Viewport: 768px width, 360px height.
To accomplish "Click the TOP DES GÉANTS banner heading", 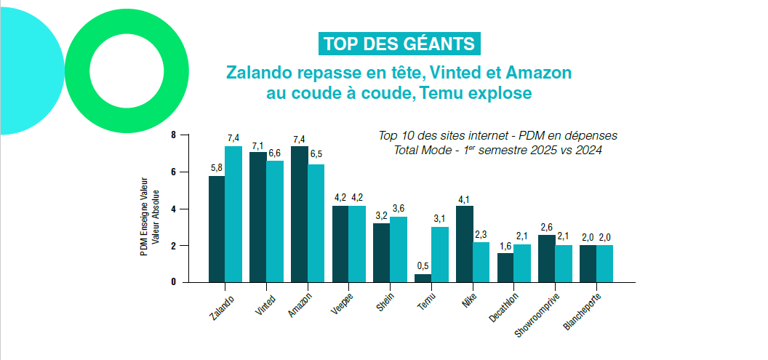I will (x=399, y=44).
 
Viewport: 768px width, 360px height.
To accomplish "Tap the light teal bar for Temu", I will (x=439, y=254).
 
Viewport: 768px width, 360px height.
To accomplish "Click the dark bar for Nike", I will (x=464, y=244).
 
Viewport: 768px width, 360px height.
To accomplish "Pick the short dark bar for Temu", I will (x=423, y=278).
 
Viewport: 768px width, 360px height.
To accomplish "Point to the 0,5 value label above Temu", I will (x=421, y=265).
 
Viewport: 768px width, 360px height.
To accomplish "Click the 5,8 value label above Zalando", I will (x=216, y=168).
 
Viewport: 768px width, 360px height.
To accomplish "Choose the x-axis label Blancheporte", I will (x=583, y=311).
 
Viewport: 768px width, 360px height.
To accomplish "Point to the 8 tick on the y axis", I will (x=173, y=135).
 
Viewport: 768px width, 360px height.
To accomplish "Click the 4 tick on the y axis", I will (x=173, y=209).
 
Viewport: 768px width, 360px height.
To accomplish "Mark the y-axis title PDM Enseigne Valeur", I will (x=144, y=218).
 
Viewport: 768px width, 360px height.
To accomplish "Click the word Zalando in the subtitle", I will (x=259, y=73).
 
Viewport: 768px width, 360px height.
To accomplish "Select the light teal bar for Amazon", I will (x=316, y=223).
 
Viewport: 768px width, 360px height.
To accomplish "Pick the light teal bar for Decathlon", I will (x=522, y=263).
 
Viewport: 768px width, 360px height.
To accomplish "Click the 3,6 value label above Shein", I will (x=398, y=209).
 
